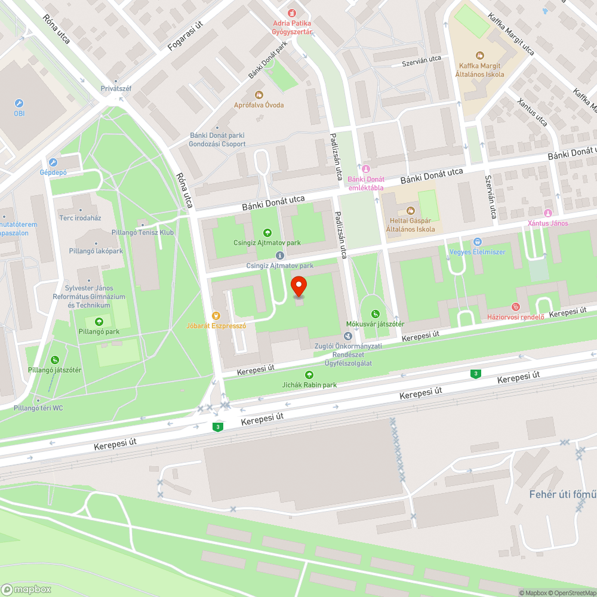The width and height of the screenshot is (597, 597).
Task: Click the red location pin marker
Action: (298, 287)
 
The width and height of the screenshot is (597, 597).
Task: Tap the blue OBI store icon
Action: (19, 103)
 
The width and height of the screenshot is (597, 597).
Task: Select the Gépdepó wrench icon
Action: (53, 162)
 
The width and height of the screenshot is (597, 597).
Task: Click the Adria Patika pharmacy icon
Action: (291, 13)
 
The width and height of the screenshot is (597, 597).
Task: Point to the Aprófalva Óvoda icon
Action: (259, 95)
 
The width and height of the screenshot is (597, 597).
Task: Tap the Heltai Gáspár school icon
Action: (410, 210)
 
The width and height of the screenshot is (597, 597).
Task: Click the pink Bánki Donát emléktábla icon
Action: (366, 169)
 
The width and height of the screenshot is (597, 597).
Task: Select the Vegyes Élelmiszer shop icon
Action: (477, 242)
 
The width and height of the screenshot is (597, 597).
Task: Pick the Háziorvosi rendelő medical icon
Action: (516, 307)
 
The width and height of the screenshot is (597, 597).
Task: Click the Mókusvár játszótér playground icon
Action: (375, 314)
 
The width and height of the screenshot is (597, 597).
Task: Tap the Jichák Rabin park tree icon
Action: (309, 375)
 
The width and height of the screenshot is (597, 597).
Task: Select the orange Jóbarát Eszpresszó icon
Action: (216, 316)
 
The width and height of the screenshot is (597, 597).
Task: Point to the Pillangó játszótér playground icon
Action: (54, 359)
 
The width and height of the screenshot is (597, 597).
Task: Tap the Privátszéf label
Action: (116, 89)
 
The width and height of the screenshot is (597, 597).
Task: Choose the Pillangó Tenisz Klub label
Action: (143, 232)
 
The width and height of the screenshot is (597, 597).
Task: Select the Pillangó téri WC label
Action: (38, 408)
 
